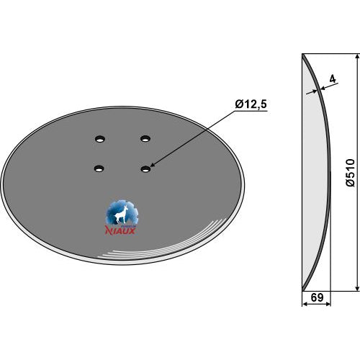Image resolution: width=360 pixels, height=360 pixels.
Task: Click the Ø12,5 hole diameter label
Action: pos(251,104)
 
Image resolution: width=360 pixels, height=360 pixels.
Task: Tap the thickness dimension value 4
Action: pos(333,79)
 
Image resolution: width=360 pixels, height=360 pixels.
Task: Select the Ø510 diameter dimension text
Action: pos(350,172)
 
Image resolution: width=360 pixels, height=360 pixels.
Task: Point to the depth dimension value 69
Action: pos(317,297)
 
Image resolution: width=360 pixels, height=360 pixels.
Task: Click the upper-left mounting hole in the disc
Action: pos(99,139)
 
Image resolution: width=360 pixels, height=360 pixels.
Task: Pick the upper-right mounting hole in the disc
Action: pos(145,138)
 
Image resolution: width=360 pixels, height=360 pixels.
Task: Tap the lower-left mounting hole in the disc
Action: pos(99,168)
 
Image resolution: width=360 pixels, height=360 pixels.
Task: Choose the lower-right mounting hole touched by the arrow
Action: pos(145,169)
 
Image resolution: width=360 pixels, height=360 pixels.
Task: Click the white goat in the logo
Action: pos(121,215)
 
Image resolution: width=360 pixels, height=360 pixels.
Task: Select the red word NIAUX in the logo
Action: pos(120,230)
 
